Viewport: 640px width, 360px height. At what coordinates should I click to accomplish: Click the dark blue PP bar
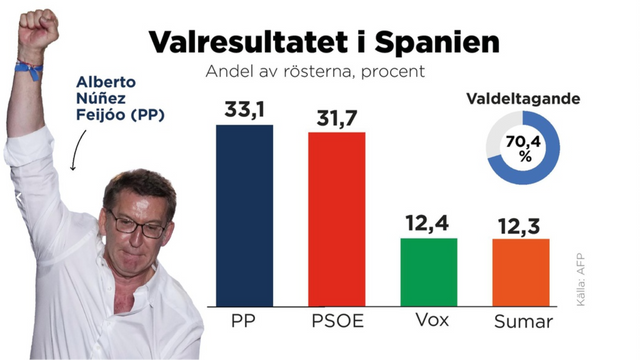tap(244, 215)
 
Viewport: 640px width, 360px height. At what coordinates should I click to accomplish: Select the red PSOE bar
tap(336, 219)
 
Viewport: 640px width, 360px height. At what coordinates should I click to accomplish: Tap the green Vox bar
tap(428, 272)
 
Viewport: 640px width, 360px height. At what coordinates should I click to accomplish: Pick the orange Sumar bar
tap(521, 272)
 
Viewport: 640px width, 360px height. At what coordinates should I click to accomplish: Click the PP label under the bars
tap(244, 323)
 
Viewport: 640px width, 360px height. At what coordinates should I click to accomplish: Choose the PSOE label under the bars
tap(336, 323)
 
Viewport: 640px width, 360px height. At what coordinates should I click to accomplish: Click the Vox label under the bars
tap(428, 323)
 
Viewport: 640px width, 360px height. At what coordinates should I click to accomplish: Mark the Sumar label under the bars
tap(521, 323)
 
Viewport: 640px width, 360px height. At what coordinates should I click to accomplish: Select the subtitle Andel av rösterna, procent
tap(315, 72)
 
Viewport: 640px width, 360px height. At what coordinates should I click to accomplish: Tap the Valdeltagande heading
tap(523, 99)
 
